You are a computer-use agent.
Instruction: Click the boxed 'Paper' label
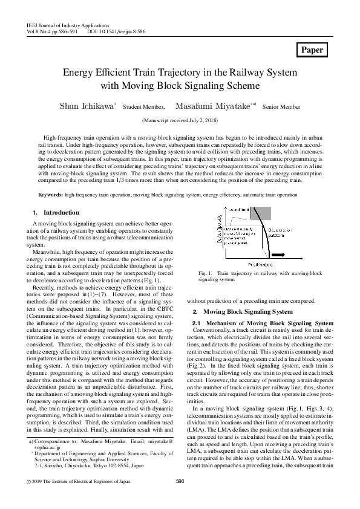pyautogui.click(x=312, y=50)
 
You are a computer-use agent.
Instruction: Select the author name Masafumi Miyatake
pyautogui.click(x=212, y=106)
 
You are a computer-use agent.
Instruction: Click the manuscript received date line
pyautogui.click(x=180, y=121)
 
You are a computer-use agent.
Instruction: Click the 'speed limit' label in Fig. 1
pyautogui.click(x=239, y=210)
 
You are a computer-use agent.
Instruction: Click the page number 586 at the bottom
pyautogui.click(x=179, y=499)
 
